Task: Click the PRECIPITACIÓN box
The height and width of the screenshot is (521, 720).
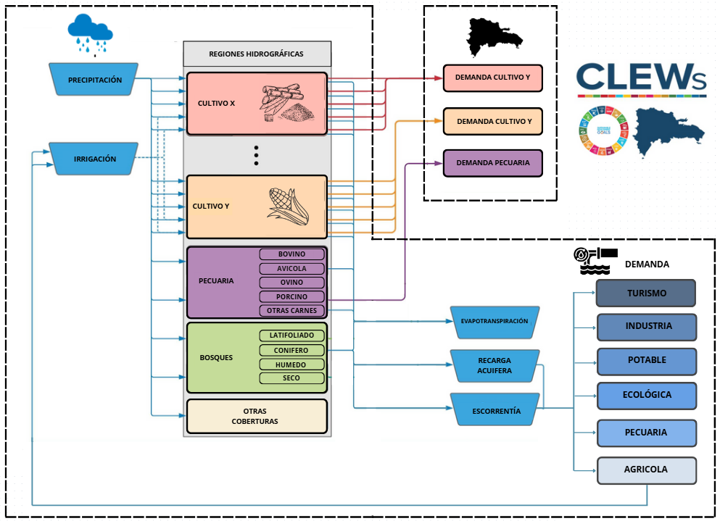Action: [95, 80]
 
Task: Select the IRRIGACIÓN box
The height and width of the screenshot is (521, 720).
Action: [95, 159]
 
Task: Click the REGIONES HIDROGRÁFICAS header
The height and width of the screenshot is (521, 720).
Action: [257, 54]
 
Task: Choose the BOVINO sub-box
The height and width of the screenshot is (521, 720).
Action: [292, 254]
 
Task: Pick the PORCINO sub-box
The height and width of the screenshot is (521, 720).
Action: [292, 296]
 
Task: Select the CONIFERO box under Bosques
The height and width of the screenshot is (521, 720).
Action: [291, 350]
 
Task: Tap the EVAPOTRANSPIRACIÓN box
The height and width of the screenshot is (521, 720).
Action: [494, 321]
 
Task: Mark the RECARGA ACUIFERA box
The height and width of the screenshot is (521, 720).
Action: [495, 365]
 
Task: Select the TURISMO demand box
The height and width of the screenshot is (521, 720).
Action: [645, 293]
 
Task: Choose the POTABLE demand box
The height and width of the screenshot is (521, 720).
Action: [645, 360]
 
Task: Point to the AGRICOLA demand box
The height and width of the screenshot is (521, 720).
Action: [645, 470]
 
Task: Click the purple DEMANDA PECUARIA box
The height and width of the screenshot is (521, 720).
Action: [492, 163]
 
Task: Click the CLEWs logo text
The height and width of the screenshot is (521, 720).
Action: [640, 78]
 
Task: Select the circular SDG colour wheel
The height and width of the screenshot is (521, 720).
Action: [603, 131]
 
